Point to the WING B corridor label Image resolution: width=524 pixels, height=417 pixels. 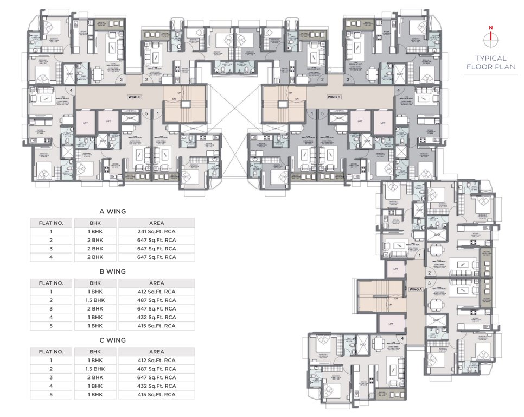(x=334, y=97)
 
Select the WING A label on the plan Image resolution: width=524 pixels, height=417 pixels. (x=416, y=290)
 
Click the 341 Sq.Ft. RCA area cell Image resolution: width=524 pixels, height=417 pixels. (x=156, y=231)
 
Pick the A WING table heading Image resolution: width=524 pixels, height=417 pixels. (x=112, y=211)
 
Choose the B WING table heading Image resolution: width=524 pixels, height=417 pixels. (x=112, y=271)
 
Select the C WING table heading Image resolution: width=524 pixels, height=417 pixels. (x=112, y=340)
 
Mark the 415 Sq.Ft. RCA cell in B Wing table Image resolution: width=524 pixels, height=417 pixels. (x=156, y=326)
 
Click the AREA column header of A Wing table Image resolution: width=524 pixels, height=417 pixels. (x=156, y=223)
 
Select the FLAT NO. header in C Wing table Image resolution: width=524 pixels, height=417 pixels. (x=51, y=351)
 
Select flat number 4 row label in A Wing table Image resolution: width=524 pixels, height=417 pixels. (x=51, y=257)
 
